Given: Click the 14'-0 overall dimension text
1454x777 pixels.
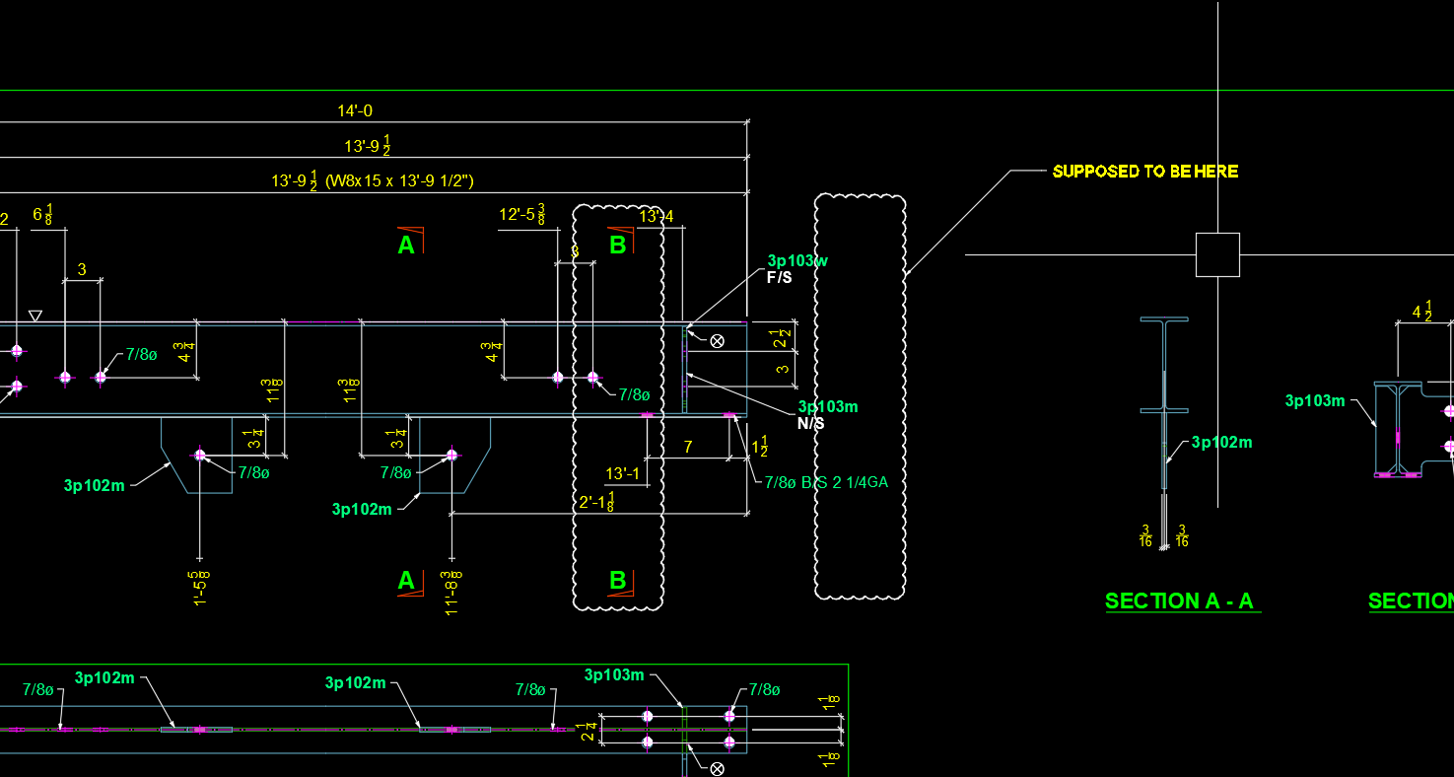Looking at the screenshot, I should coord(355,111).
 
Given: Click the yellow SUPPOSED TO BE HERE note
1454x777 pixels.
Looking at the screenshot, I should coord(1144,172).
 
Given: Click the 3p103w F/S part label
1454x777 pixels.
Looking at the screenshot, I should coord(796,261).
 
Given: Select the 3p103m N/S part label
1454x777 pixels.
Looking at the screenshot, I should coord(827,407).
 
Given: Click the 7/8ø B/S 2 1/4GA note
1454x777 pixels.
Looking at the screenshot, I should coord(826,482).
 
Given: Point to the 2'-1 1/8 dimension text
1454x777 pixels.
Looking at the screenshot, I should coord(597,503).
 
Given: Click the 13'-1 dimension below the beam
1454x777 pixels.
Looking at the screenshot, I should coord(623,474).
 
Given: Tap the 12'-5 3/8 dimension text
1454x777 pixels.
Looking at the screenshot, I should coord(522,214).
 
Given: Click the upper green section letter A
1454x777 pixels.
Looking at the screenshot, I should coord(406,245).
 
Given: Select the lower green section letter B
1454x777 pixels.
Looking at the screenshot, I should coord(617,580).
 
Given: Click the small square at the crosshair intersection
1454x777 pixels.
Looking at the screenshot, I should coord(1217,254).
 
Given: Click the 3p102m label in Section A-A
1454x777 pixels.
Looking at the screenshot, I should coord(1221,443).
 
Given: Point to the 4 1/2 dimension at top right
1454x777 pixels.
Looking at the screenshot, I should coord(1421,312).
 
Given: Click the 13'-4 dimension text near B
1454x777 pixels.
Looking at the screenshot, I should coord(657,216).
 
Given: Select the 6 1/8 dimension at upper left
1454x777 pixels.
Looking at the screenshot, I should coord(42,214).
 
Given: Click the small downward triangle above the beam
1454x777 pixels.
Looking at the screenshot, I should coord(35,316).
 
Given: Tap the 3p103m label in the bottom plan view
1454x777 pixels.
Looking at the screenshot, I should coord(613,675).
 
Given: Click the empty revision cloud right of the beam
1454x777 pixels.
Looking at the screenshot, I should coord(860,394).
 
